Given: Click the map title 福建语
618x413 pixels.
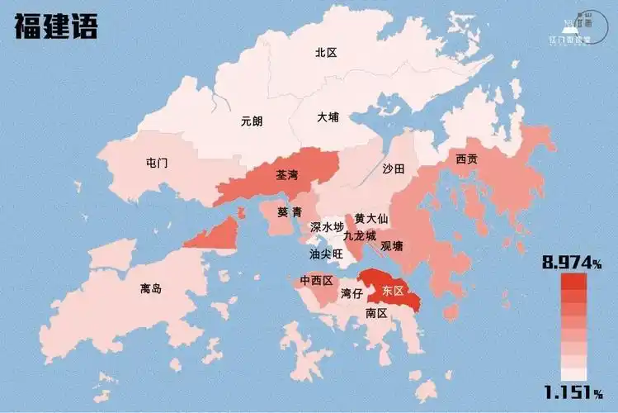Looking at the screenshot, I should pos(56,26).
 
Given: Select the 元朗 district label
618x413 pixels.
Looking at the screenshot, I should pos(252,121).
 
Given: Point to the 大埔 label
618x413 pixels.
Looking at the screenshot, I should pos(328,117).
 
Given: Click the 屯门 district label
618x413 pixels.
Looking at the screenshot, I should pos(156,163).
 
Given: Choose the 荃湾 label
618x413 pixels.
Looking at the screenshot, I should pos(288,176).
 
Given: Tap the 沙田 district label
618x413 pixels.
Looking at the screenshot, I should pos(394,169).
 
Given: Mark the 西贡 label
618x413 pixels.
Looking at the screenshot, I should pos(466,159).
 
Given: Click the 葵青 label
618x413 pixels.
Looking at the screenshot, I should pos(289,212).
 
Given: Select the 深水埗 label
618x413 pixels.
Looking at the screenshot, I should pos(327,226).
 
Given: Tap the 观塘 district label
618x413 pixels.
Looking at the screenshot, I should pos(392,245).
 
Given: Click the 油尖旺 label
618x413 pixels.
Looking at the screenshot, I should pos(326,254).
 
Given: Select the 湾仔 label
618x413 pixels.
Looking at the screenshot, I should pos(351,293).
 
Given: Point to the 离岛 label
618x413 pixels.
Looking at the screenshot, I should pos(151,289).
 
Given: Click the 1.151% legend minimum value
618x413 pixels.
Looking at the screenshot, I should pos(573,390).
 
